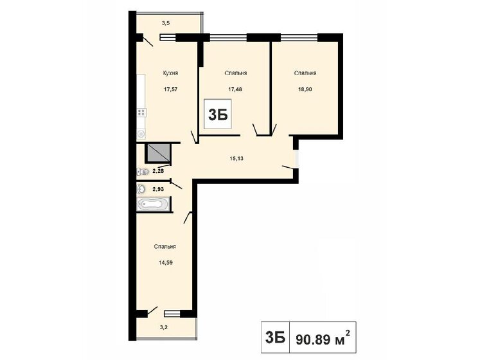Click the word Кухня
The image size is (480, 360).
click(170, 73)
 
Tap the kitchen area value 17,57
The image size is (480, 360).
click(171, 89)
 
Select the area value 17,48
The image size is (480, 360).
click(236, 89)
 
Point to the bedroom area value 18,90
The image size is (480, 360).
click(305, 89)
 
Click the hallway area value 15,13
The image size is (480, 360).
click(236, 158)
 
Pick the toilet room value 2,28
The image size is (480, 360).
click(158, 171)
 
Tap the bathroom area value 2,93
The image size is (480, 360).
click(158, 190)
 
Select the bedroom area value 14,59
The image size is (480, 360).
click(166, 262)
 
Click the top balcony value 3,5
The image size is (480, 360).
click(166, 22)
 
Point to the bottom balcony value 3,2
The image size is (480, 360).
click(164, 327)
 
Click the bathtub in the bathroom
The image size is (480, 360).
click(153, 204)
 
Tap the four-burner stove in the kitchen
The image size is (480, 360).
click(141, 113)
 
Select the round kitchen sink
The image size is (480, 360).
click(141, 134)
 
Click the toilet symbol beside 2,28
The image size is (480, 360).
click(143, 172)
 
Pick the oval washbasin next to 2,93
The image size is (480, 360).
click(141, 189)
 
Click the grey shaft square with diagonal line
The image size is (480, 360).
click(159, 153)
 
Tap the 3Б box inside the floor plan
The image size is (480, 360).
click(218, 114)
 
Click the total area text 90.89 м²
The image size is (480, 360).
click(323, 337)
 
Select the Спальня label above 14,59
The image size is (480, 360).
click(165, 247)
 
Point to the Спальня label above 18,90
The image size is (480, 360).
click(305, 73)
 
